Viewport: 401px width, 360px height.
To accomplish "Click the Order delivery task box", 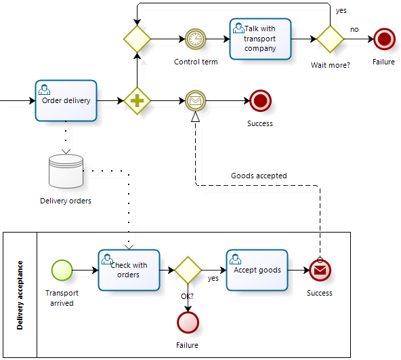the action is tap(66, 100).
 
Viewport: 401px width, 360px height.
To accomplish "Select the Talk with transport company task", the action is tap(260, 39).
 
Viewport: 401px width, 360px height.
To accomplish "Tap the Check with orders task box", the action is tap(129, 270).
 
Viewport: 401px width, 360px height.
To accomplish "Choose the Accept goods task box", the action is tap(257, 270).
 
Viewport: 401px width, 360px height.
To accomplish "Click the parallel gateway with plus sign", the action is tap(137, 100).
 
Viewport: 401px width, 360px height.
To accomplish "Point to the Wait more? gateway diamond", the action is tap(330, 39).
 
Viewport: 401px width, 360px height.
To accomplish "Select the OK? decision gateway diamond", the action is tap(188, 270).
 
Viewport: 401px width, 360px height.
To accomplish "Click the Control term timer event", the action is tap(195, 39).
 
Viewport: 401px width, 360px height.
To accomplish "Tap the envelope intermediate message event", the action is tap(195, 100).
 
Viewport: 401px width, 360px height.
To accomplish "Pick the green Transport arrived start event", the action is tap(62, 270).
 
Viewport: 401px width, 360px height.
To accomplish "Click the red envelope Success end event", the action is tap(320, 270).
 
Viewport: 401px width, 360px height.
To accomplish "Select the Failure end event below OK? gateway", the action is tap(188, 322).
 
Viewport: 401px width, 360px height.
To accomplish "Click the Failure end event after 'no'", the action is tap(384, 39).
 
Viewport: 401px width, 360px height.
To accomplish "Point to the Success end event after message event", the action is tap(260, 100).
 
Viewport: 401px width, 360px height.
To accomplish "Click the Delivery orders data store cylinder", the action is tap(66, 171).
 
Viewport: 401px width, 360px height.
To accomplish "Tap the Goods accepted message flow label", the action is tap(259, 176).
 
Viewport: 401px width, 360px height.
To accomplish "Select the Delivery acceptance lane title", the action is tap(20, 295).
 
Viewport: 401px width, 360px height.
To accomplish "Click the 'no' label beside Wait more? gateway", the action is tap(354, 29).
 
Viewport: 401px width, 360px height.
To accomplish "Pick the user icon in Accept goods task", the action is tap(235, 258).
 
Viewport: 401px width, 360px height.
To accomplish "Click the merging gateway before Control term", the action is tap(137, 39).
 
